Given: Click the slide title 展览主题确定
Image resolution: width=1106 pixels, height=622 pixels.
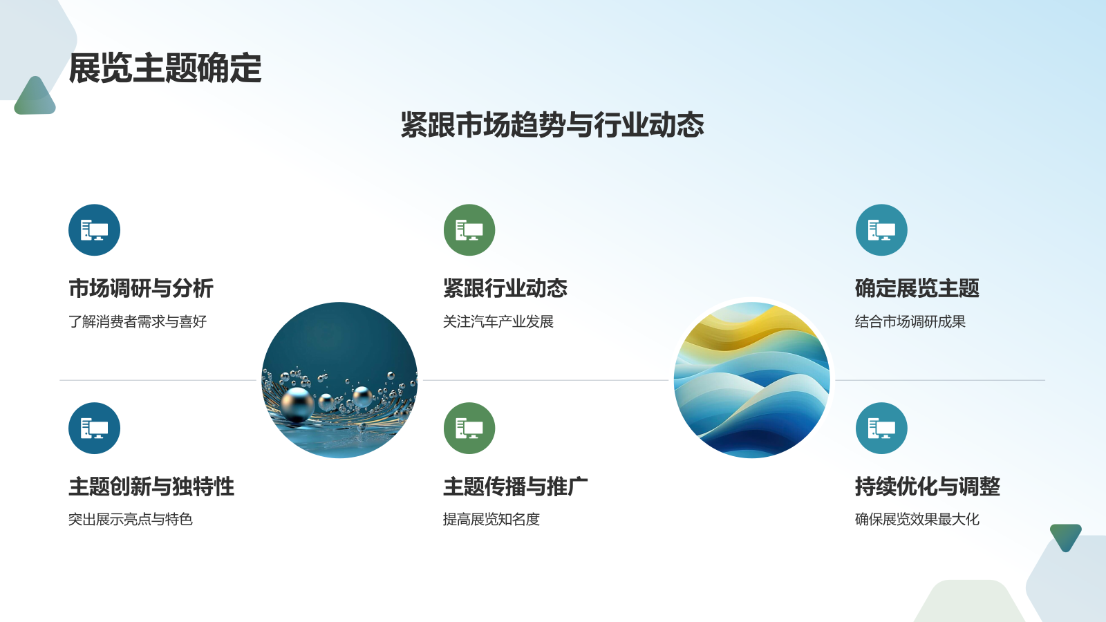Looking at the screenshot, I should pos(165,69).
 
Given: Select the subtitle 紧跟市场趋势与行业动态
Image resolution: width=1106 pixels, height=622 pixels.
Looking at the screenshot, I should pos(552,125).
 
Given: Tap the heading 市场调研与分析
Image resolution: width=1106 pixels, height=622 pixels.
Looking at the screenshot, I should pos(141,288).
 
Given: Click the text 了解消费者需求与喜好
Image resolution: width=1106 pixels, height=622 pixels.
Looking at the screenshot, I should pos(138,321).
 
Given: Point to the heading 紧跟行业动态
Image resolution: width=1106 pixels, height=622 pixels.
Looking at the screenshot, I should pos(505,288).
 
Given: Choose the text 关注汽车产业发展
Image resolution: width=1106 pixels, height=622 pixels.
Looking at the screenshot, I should pos(498,321).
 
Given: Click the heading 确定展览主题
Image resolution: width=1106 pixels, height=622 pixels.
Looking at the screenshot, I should pos(917,288).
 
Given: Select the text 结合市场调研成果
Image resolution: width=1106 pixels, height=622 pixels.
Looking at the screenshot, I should pos(910,321).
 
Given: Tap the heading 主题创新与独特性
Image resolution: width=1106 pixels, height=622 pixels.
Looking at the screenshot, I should pos(151,487).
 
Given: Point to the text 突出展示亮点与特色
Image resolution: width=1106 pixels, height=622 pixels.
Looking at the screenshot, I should pos(131,519).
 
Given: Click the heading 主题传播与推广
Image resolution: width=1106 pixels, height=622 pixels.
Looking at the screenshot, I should pos(516,487).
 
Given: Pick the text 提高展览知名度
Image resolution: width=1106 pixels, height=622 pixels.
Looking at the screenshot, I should pos(491,519).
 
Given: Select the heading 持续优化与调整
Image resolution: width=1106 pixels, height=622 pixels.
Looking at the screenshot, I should pos(928,487).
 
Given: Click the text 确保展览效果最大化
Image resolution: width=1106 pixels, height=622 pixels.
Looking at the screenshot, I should pos(917,519).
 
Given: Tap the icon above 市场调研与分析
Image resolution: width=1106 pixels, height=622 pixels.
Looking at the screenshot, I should pos(95,230).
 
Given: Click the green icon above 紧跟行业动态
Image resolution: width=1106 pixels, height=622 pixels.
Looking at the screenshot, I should pos(469,230).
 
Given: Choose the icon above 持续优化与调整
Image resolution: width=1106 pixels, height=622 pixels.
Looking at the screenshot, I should pos(881,428).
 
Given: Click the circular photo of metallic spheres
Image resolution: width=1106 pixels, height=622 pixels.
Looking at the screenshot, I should pos(339,380).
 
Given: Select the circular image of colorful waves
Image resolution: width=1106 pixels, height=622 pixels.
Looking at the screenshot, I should pos(752,380).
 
